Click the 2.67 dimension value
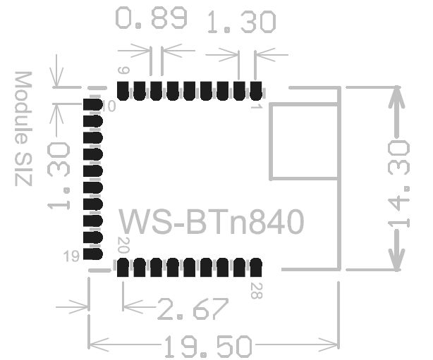coord(192,309)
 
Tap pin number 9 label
coord(123,70)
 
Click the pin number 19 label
coord(71,257)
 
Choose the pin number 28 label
coord(255,289)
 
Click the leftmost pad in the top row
coord(123,90)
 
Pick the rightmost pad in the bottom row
coord(256,268)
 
